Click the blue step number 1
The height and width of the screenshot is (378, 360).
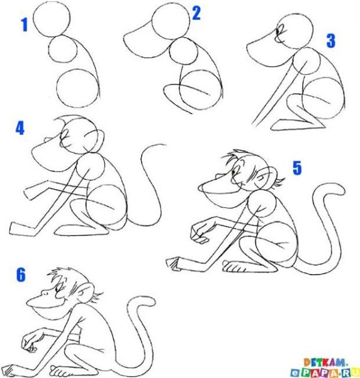tap(25, 25)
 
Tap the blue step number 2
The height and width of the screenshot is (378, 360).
tap(196, 13)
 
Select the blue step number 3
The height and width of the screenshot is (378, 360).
tap(330, 41)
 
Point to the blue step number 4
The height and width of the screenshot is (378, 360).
tap(20, 129)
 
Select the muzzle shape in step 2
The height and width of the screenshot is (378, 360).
tap(142, 41)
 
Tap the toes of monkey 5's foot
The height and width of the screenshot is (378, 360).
tap(234, 268)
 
